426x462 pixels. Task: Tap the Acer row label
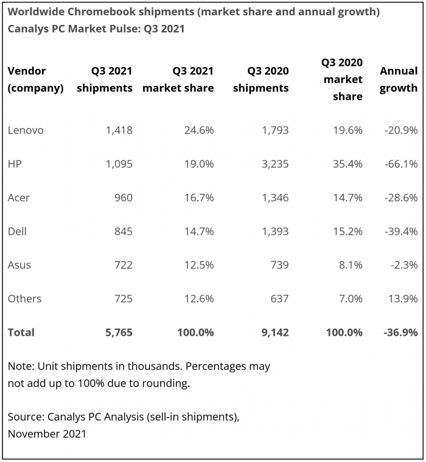(x=19, y=197)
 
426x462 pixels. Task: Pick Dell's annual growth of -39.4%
(x=402, y=232)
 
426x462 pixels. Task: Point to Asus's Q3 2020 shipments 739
(x=278, y=265)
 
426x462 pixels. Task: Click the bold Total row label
(x=21, y=332)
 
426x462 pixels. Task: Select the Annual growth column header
(x=399, y=79)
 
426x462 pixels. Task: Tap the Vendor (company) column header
(x=35, y=79)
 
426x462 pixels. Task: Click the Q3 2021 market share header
(x=178, y=79)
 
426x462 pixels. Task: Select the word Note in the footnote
(x=20, y=367)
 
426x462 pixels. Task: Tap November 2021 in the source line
(x=47, y=434)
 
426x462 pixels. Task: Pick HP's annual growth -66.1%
(x=402, y=164)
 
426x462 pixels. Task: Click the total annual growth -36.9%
(x=401, y=332)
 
